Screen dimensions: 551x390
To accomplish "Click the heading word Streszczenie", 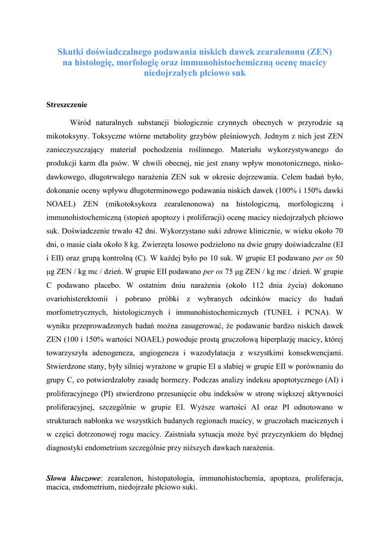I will [67, 104].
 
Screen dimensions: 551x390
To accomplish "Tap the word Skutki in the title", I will [70, 52].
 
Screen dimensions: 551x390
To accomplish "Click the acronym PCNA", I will [314, 312].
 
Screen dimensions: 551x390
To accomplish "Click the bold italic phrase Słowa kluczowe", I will [74, 478].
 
